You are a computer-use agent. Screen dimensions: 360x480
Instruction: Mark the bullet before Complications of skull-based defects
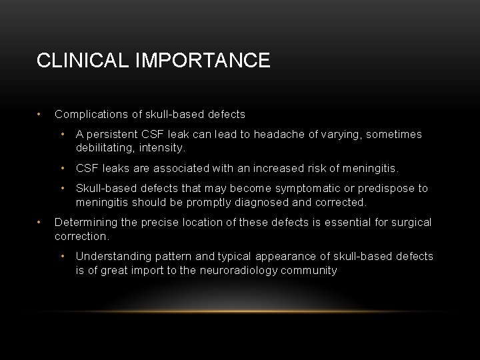[x=40, y=114]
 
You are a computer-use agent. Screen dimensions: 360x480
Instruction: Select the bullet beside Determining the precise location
[x=40, y=222]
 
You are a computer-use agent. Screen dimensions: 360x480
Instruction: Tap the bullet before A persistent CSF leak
[x=63, y=134]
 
